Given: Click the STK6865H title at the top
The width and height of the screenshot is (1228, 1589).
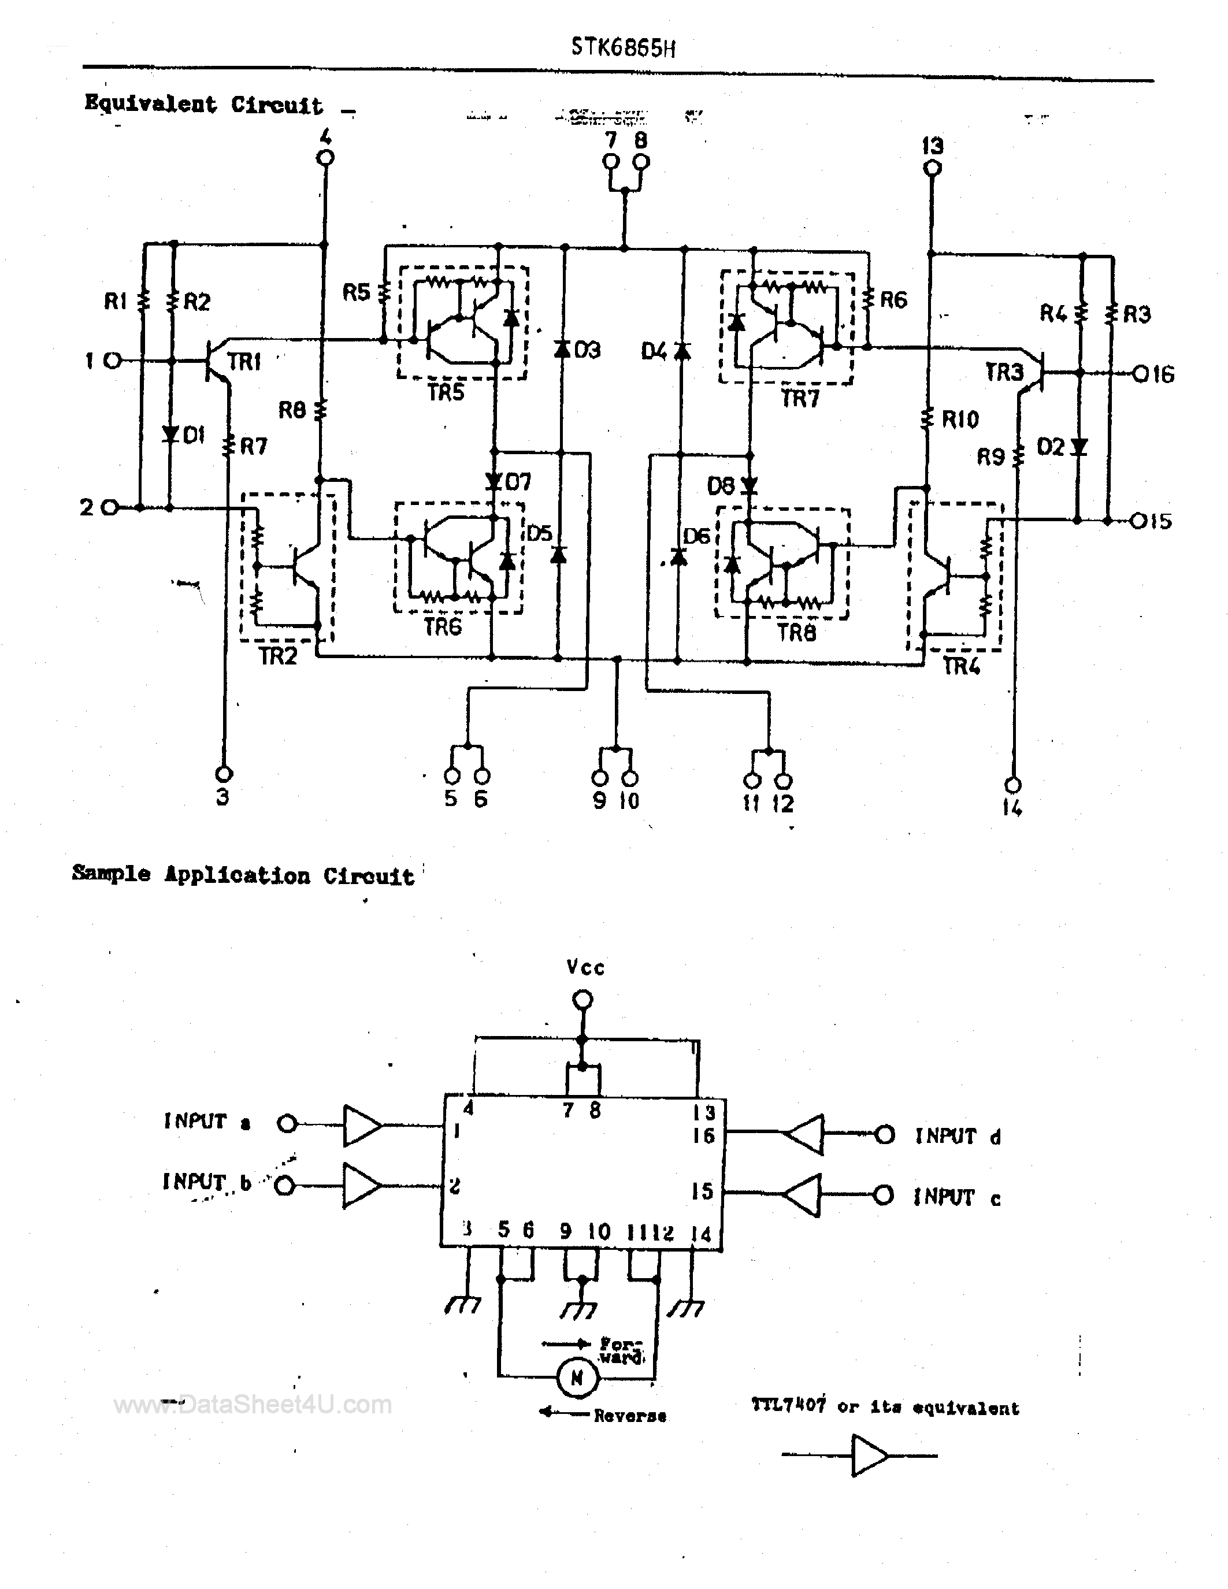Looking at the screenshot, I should pos(623,47).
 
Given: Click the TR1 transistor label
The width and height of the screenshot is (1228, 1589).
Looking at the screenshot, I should pos(244,362).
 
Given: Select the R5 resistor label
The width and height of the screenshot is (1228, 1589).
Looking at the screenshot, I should pos(357,292).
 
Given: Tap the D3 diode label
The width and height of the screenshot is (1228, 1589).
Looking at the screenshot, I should pos(587,350).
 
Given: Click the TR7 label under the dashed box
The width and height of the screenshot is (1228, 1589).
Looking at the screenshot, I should pos(800,399).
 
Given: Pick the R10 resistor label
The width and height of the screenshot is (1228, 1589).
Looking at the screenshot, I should pos(960,419).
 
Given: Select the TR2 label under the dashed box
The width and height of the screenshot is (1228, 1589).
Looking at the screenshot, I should pos(278,656).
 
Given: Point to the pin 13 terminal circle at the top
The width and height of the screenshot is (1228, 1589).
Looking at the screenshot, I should pos(932,168).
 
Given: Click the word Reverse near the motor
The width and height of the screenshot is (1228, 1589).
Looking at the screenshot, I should pos(629,1415).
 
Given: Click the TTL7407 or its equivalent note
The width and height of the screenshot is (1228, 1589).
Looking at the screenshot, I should pos(885,1406).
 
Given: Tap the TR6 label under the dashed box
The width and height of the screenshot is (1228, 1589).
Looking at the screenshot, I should pos(443,626).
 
